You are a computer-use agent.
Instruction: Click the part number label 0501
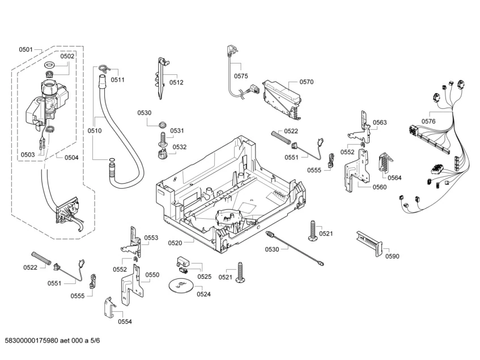tap(26, 50)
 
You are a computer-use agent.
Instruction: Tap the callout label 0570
tap(306, 82)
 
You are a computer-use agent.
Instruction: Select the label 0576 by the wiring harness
tap(428, 121)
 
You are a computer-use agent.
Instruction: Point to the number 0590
tap(392, 256)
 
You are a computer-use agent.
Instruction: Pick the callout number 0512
tap(176, 82)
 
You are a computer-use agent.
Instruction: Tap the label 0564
tap(394, 177)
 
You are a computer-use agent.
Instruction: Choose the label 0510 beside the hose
tap(94, 131)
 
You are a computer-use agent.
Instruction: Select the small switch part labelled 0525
tap(182, 261)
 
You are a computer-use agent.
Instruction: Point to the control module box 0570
tap(280, 97)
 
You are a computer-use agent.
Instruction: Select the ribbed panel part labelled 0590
tap(369, 242)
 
